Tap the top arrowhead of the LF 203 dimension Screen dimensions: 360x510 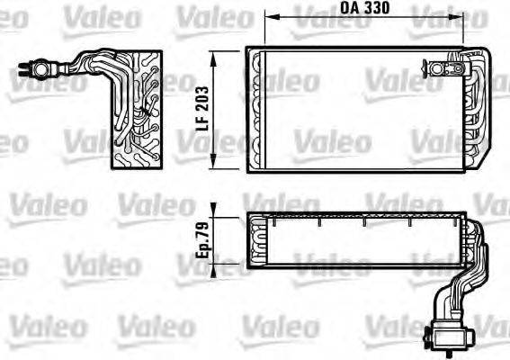pos(213,55)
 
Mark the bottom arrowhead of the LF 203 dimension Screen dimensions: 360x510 pos(213,165)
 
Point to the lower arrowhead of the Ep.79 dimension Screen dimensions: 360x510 pos(214,267)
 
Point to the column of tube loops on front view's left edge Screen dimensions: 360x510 pos(256,108)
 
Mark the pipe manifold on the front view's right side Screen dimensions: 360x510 pos(471,108)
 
